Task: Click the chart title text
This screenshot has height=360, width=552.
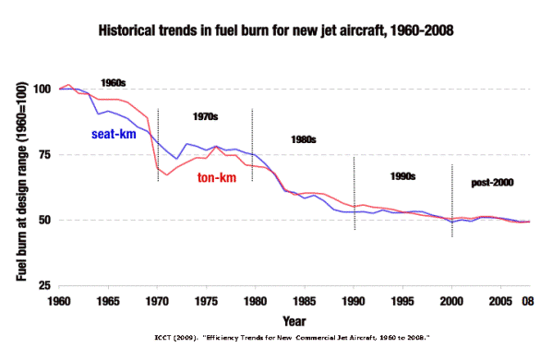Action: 276,30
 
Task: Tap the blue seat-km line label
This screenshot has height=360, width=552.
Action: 114,134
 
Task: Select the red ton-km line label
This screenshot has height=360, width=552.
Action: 217,178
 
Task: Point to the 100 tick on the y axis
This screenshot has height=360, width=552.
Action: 42,89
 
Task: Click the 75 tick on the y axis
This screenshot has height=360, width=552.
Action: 45,154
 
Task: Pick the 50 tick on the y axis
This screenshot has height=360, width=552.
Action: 45,221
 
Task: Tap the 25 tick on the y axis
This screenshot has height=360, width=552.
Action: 45,286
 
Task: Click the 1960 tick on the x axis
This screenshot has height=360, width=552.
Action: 59,302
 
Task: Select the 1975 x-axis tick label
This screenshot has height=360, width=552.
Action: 206,302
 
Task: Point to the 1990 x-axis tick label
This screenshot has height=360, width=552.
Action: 354,302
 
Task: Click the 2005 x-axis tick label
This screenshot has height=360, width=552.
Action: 500,302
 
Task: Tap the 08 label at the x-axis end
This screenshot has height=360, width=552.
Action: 528,302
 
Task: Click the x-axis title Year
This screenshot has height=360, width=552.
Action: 294,321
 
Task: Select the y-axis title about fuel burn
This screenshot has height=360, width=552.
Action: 21,181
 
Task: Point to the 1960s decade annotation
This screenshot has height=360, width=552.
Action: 114,83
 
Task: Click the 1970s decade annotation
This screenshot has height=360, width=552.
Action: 205,116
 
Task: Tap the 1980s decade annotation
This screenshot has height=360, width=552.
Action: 304,139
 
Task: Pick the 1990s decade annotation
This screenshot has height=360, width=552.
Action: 402,176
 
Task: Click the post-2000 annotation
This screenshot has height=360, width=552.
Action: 493,183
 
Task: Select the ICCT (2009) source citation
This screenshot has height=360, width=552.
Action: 293,338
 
